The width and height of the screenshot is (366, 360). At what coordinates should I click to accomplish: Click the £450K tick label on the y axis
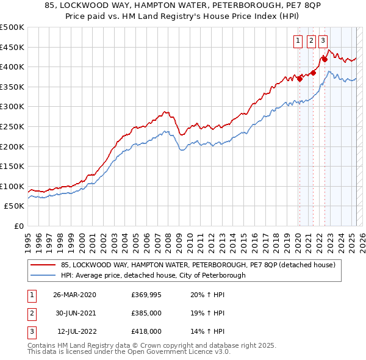tap(12, 47)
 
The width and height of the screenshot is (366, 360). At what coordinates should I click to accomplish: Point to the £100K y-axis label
tap(12, 186)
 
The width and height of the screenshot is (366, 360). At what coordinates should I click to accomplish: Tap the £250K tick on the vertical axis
tap(12, 126)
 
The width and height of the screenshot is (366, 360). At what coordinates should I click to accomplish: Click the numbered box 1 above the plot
tap(298, 41)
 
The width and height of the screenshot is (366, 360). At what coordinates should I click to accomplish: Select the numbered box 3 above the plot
tap(323, 41)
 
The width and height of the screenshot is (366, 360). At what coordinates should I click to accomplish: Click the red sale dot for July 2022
tap(325, 59)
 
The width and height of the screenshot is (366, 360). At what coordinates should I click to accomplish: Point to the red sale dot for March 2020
tap(300, 79)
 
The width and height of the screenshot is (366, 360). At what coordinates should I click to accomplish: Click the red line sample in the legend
tap(43, 265)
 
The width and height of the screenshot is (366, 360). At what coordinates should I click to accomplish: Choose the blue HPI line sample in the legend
tap(43, 275)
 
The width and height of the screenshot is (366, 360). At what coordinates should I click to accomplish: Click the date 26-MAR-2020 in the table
tap(74, 295)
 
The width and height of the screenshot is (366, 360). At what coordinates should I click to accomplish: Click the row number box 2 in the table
tap(31, 313)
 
